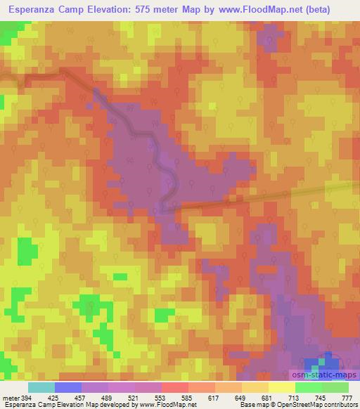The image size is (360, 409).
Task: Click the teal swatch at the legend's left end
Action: pos(41,388)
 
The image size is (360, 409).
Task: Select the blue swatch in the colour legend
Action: pos(67,388)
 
